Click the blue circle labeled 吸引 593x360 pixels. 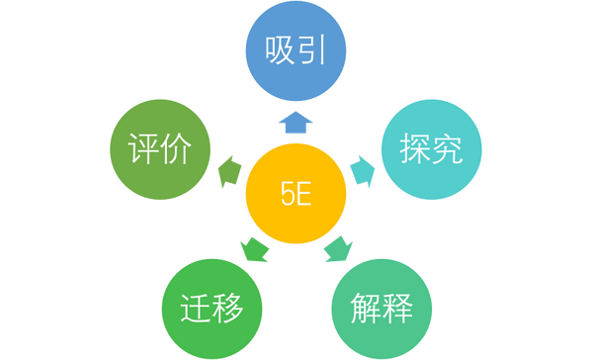296,49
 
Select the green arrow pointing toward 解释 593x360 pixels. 338,247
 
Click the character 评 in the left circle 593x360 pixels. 145,151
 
